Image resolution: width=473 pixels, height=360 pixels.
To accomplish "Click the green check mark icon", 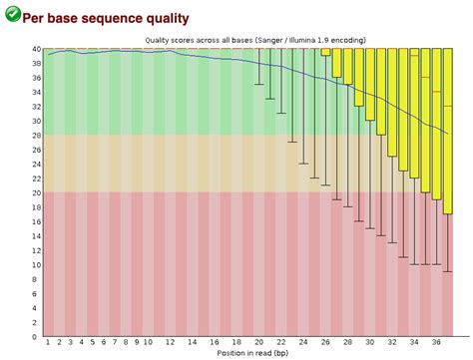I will tap(11, 15).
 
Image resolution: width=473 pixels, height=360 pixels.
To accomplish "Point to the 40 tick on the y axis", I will tap(36, 49).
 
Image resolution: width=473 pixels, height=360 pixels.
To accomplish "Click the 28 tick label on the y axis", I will tap(36, 136).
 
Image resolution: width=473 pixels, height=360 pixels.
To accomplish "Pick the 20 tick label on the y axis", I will tap(36, 193).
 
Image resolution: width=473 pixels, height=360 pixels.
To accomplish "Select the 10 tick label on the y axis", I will tap(36, 265).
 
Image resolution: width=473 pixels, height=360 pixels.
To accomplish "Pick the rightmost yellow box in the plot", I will tap(446, 130).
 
